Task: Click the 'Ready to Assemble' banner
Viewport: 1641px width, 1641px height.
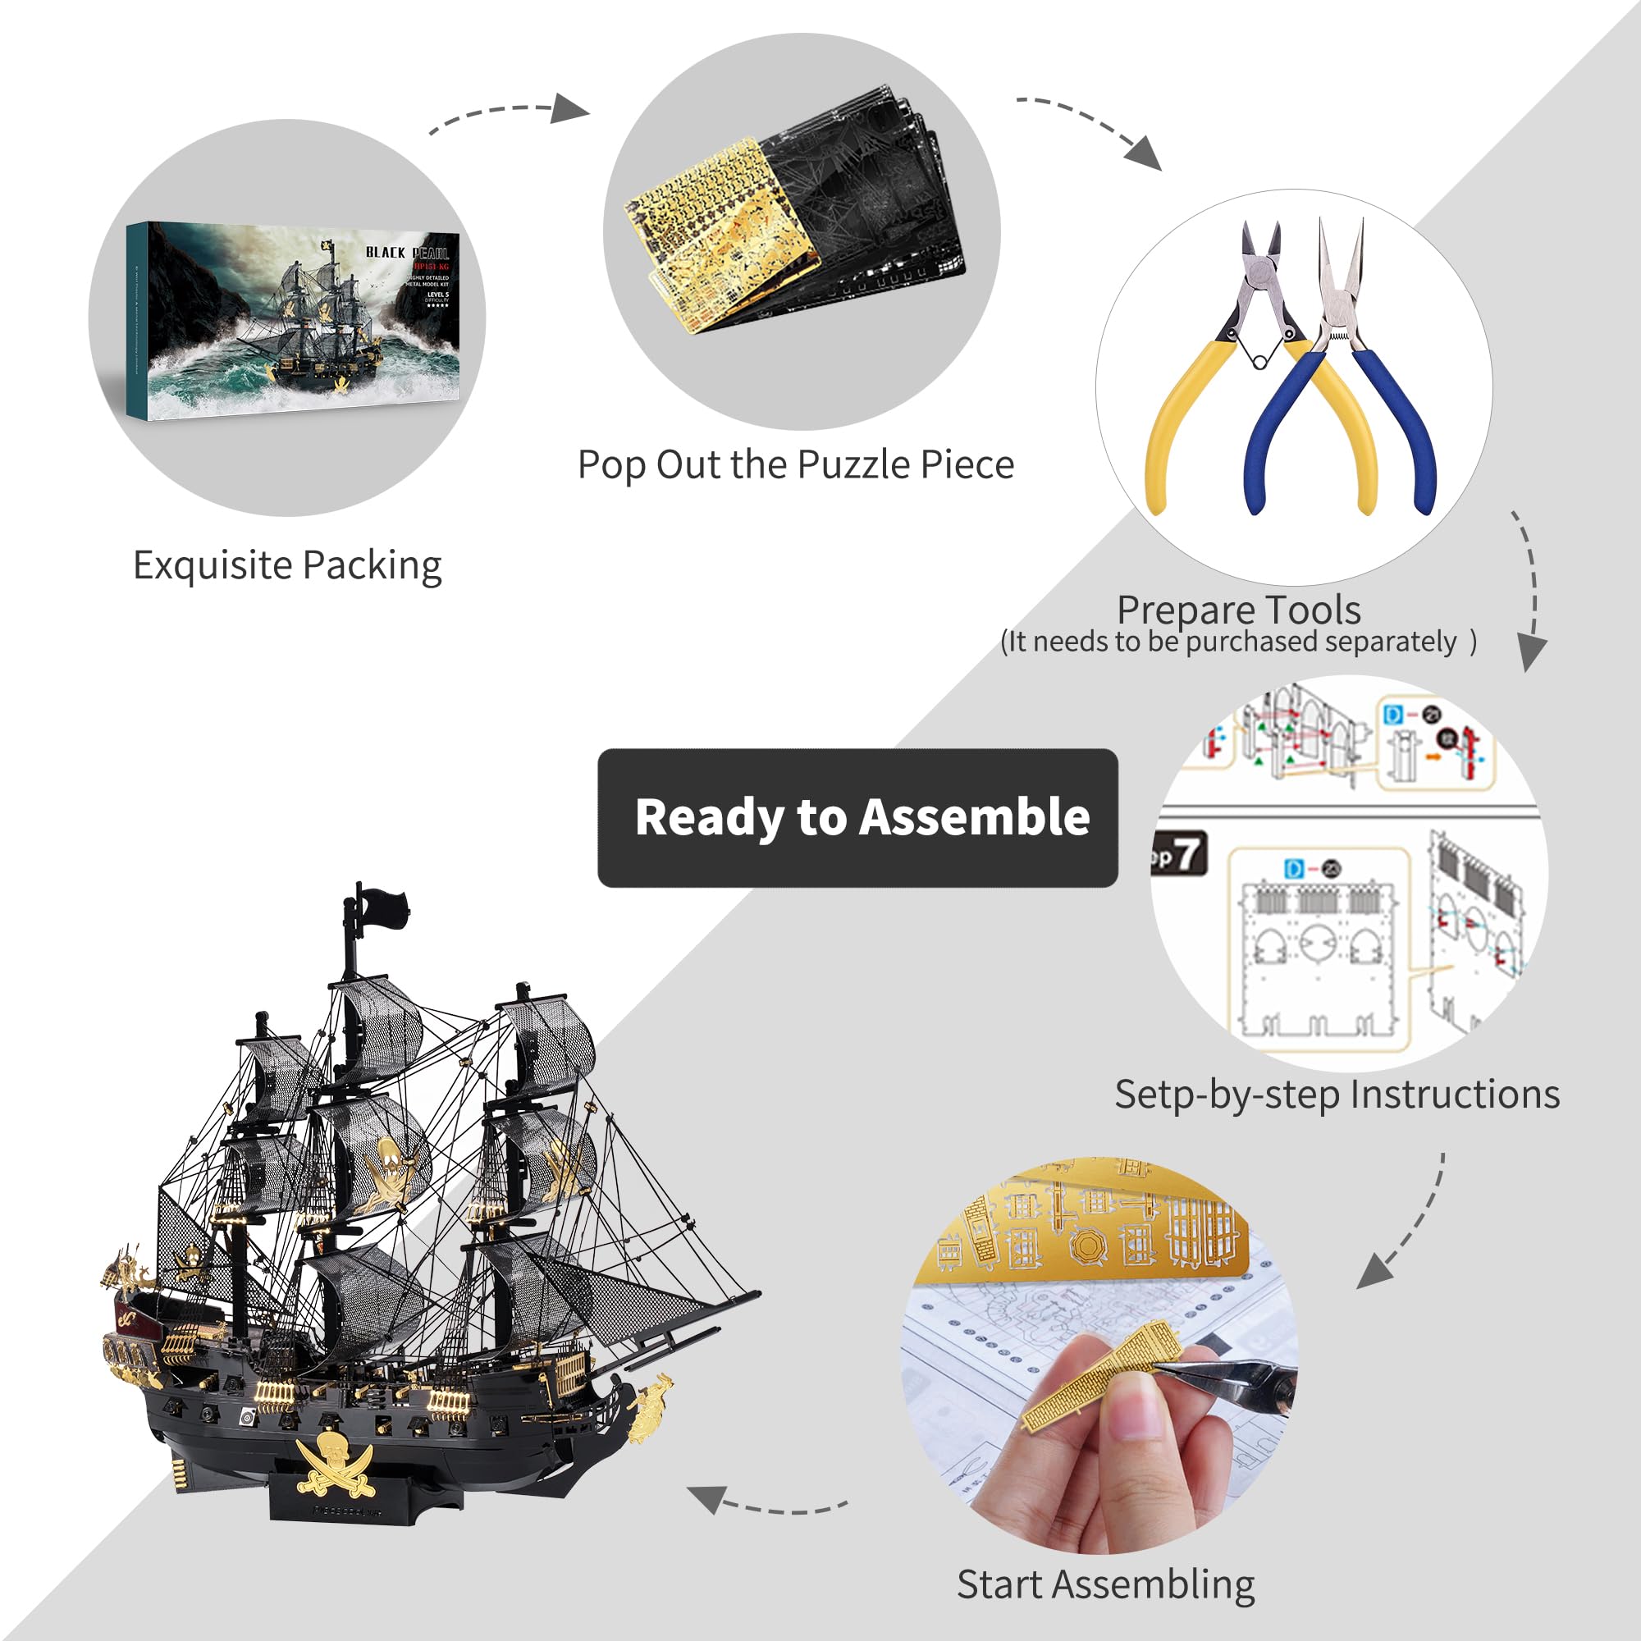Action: coord(857,817)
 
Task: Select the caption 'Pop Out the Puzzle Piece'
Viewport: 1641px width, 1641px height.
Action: coord(795,465)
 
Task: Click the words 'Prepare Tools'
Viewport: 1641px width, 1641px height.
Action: coord(1237,610)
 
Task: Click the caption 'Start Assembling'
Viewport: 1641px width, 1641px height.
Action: coord(1105,1584)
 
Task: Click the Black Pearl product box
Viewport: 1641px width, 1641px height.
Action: coord(293,320)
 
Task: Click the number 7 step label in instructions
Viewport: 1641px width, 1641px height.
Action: coord(1186,853)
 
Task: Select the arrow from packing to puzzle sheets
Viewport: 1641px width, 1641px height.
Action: coord(510,115)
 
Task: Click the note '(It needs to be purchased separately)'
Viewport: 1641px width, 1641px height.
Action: coord(1237,642)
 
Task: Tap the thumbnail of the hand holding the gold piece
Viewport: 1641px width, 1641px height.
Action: coord(1099,1355)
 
